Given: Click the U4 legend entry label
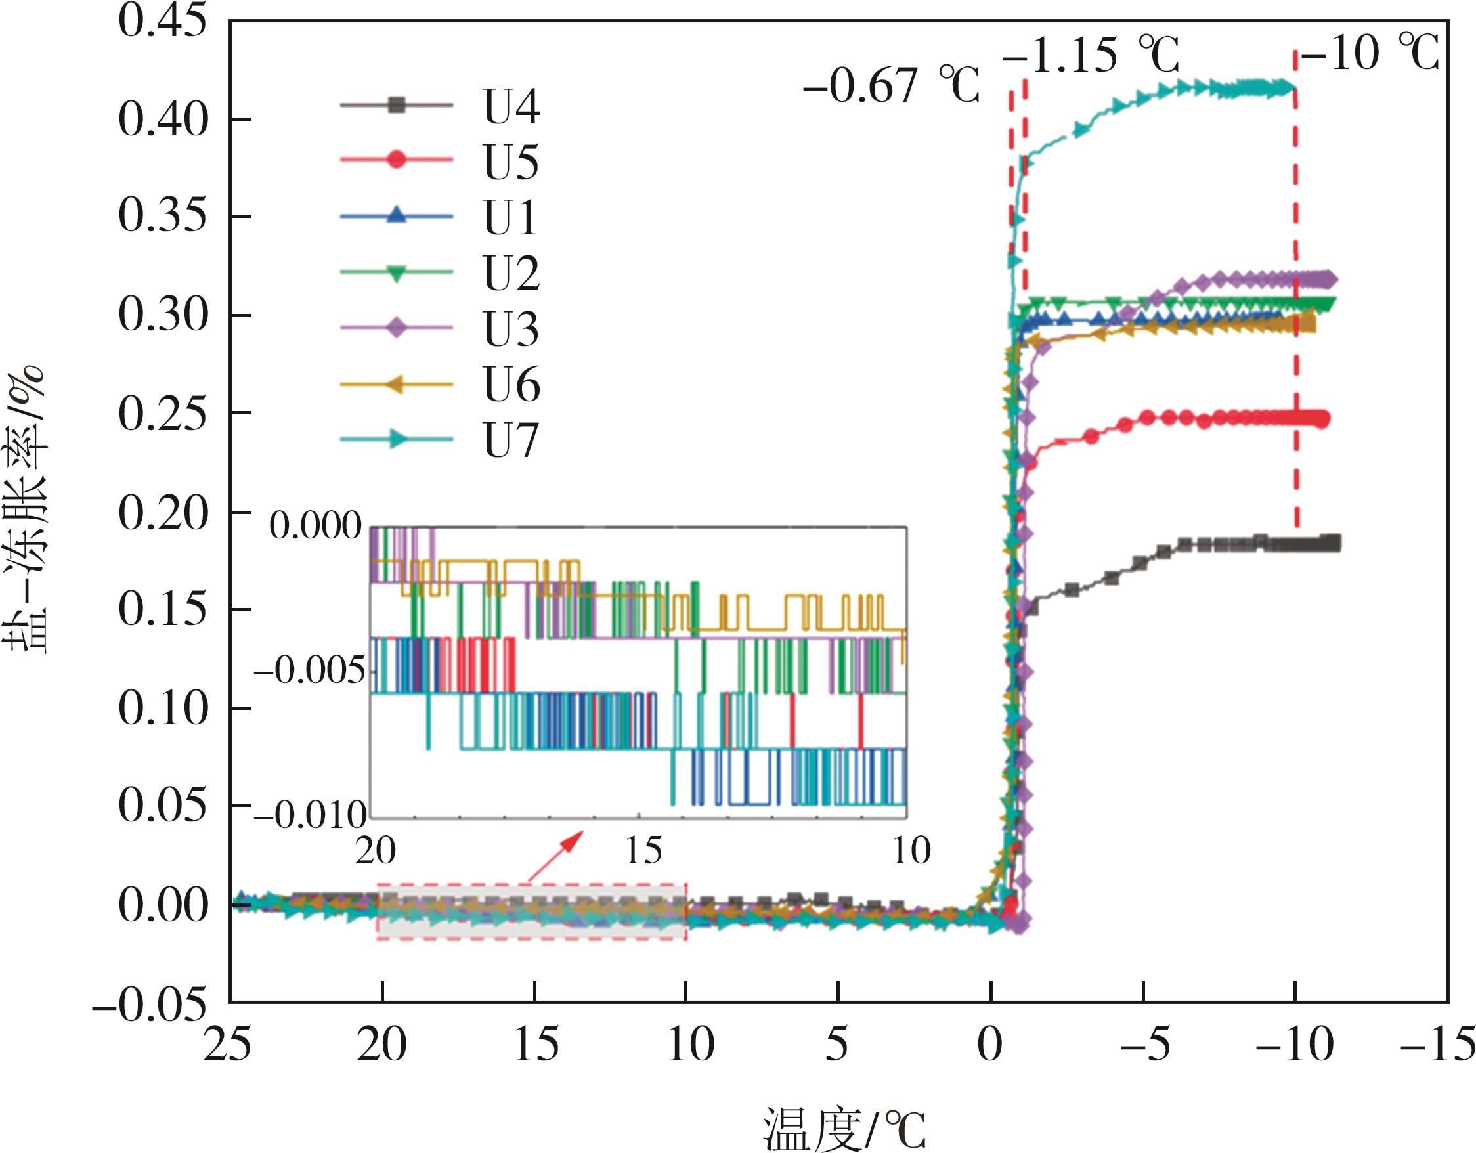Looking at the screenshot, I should (x=511, y=106).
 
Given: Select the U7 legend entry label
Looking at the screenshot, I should (x=511, y=441).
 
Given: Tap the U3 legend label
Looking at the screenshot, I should (x=511, y=329).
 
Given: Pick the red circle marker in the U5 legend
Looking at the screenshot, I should (x=397, y=160).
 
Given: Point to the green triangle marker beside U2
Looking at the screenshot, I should (x=397, y=273).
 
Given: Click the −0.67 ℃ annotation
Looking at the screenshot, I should (x=891, y=87).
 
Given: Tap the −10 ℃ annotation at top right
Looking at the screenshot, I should (x=1369, y=52).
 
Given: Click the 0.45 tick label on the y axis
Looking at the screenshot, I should (x=162, y=22).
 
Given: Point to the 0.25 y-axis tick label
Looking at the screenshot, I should (x=162, y=414).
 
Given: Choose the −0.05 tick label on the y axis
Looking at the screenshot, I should (x=149, y=1005).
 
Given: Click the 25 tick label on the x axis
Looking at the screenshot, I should (x=228, y=1045).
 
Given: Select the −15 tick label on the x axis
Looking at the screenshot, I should (x=1437, y=1045).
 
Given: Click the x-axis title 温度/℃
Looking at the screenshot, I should (x=844, y=1128).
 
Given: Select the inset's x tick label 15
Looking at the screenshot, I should (x=643, y=850).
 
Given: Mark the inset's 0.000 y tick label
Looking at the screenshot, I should (x=316, y=526).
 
